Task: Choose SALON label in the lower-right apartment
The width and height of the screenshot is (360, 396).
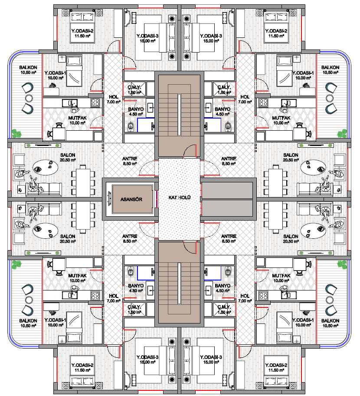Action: [x=291, y=237]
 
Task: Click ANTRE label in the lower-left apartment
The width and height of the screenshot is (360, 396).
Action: [x=130, y=237]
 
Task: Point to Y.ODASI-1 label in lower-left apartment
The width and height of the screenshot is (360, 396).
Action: [x=55, y=320]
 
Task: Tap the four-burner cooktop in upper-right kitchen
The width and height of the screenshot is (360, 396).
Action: [x=263, y=102]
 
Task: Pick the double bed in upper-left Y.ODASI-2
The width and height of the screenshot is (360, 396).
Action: [x=82, y=17]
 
